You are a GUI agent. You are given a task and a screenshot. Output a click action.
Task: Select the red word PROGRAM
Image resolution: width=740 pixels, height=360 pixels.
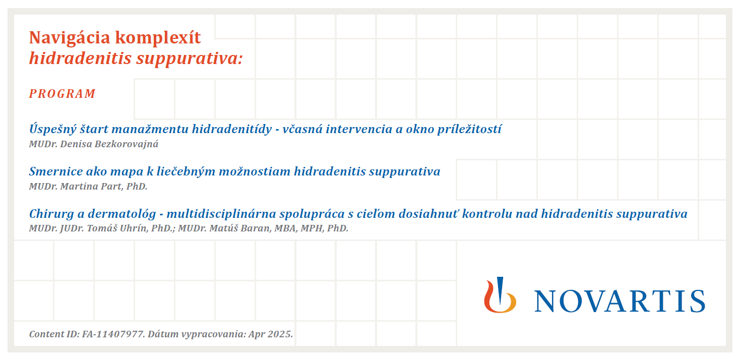point(62,94)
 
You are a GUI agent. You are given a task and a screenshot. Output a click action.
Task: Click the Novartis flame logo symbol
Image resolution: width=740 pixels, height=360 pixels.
point(500,295)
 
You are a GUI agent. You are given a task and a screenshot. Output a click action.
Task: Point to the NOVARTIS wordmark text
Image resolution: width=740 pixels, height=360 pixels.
point(620,301)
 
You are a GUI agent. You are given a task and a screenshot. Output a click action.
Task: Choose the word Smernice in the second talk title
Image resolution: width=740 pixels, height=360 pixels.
point(55,171)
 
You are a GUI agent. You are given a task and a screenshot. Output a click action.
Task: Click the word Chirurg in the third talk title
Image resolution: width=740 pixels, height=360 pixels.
point(51,214)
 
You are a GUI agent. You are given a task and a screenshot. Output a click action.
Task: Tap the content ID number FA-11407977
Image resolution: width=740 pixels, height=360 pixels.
point(113,334)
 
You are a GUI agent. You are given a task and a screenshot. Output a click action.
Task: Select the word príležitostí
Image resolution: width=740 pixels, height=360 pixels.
point(469,129)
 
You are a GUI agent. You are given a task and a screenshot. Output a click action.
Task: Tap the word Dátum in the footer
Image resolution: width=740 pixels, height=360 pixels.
point(162,334)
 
